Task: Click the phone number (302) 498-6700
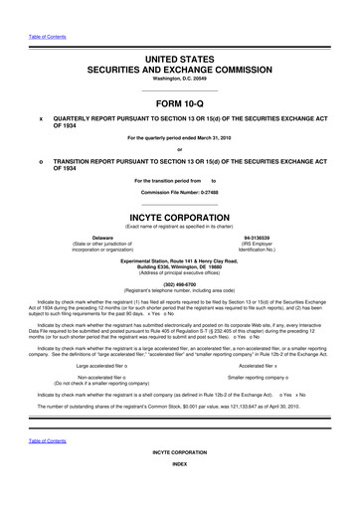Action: click(x=179, y=280)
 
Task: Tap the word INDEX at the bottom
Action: click(x=179, y=492)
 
